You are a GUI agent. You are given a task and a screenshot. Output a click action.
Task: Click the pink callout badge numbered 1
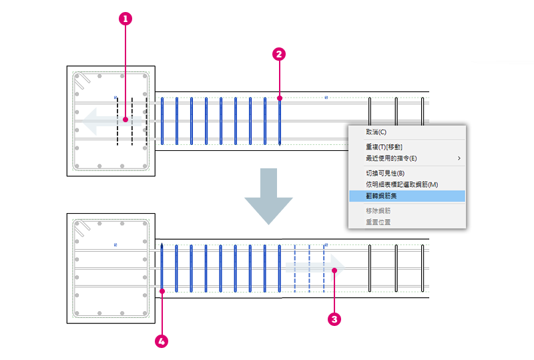[125, 19]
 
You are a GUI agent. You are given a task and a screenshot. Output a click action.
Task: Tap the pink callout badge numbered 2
[279, 54]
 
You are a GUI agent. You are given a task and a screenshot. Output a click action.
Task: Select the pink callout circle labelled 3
[334, 319]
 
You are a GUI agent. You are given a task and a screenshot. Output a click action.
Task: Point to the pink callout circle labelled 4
[162, 341]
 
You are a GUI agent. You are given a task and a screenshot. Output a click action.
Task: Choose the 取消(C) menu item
[376, 132]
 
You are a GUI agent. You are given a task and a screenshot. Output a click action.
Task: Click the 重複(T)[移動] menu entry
[384, 147]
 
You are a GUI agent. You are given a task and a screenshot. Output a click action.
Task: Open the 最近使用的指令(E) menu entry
[391, 158]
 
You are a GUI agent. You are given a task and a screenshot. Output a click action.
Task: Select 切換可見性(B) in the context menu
[385, 173]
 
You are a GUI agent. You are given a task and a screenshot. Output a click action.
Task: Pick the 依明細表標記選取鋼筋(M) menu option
[402, 184]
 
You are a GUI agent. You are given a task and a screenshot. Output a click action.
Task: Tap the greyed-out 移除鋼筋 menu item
[378, 210]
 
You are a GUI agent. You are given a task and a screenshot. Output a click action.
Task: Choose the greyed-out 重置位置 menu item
[378, 222]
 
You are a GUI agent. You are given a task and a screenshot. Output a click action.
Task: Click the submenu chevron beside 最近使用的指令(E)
[459, 158]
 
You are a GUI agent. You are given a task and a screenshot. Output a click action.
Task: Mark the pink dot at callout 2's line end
[280, 98]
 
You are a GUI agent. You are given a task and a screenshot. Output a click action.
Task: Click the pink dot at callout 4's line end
[162, 291]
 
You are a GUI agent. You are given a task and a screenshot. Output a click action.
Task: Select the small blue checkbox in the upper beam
[326, 98]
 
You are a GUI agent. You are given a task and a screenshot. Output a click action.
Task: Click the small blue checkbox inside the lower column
[115, 244]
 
